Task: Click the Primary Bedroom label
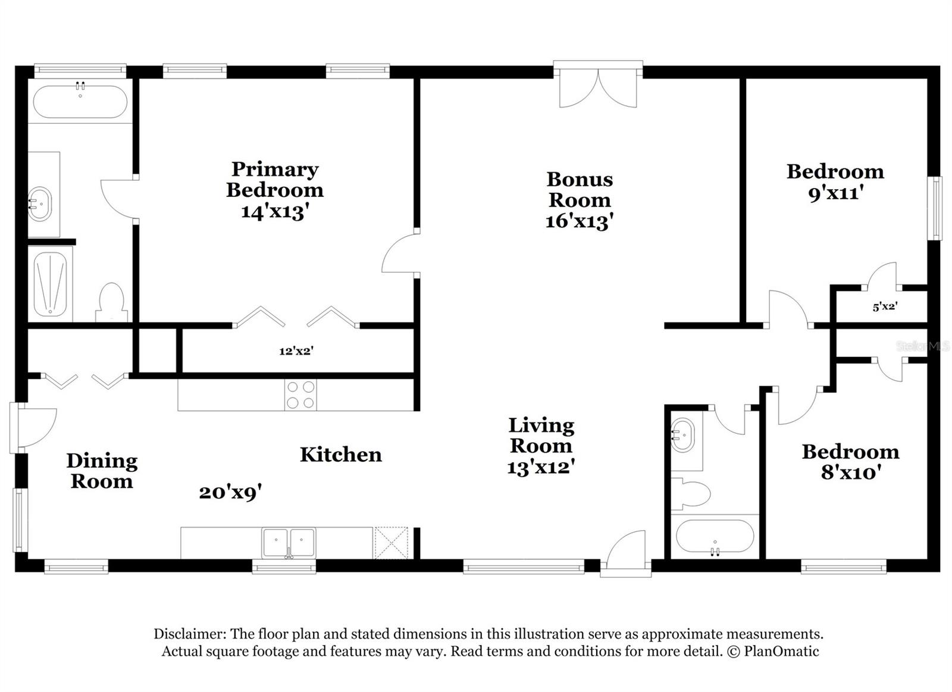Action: [274, 180]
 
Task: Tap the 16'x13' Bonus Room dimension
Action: [579, 221]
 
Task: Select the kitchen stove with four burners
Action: [300, 394]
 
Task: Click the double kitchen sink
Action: [289, 543]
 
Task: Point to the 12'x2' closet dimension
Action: [296, 351]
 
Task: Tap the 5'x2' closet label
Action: [885, 307]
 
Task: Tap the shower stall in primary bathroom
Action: [50, 283]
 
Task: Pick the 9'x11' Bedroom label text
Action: [835, 171]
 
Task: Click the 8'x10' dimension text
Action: [850, 473]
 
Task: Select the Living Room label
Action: [541, 436]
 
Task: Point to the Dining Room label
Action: [102, 470]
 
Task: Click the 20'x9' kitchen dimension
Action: [230, 493]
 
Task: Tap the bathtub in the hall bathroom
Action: [715, 537]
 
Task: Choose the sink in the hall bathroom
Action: [682, 435]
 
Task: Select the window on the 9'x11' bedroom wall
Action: [936, 208]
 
